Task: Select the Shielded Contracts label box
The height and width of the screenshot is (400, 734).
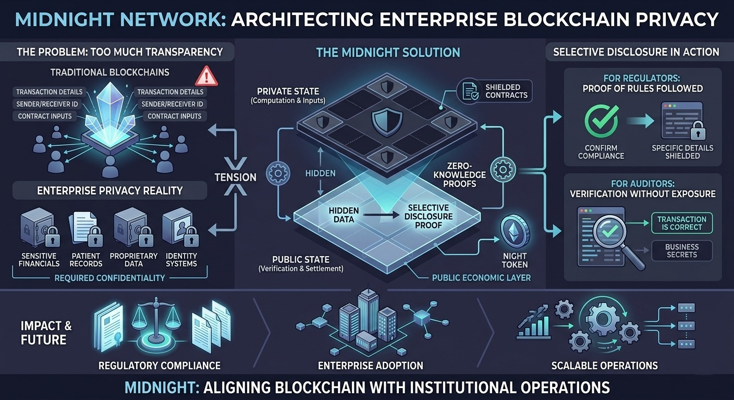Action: click(x=494, y=91)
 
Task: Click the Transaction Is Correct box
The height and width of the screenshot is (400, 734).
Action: click(x=681, y=223)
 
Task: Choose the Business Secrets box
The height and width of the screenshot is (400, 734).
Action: click(x=681, y=251)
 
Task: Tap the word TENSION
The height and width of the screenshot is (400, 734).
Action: click(x=236, y=177)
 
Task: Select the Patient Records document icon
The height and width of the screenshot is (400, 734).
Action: click(x=84, y=229)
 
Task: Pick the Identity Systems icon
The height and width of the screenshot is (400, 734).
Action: click(x=180, y=229)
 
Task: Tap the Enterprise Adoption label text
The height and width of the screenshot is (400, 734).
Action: click(x=371, y=365)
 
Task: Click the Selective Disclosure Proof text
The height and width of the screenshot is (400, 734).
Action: click(x=423, y=216)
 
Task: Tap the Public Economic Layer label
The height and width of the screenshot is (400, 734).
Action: click(x=481, y=278)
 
